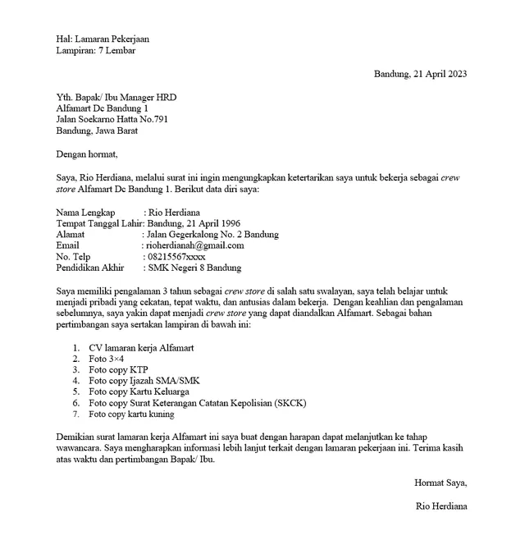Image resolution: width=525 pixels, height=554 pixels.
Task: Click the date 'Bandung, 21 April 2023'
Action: click(x=420, y=74)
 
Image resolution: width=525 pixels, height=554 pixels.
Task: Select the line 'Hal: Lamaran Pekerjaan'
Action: click(x=103, y=39)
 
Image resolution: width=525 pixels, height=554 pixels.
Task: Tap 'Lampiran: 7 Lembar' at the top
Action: click(x=96, y=50)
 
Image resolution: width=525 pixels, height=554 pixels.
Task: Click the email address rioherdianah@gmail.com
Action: click(x=194, y=245)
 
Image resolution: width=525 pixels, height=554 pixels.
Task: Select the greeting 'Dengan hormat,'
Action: click(x=87, y=153)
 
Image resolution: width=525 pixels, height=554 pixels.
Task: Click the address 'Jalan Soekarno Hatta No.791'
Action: click(x=116, y=118)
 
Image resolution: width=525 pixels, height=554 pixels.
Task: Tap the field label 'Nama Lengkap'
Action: click(x=85, y=212)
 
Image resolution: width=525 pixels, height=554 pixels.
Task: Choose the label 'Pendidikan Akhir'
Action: click(x=90, y=268)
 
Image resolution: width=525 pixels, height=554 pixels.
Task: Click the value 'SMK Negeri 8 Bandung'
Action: click(x=195, y=268)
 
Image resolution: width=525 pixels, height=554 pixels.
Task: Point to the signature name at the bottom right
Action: click(x=441, y=506)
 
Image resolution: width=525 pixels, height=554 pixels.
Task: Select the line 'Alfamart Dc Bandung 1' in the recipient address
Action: click(x=103, y=108)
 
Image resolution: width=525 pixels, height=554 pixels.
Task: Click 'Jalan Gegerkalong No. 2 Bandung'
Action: click(x=212, y=234)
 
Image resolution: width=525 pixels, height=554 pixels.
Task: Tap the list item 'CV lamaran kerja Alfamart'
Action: click(x=141, y=347)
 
